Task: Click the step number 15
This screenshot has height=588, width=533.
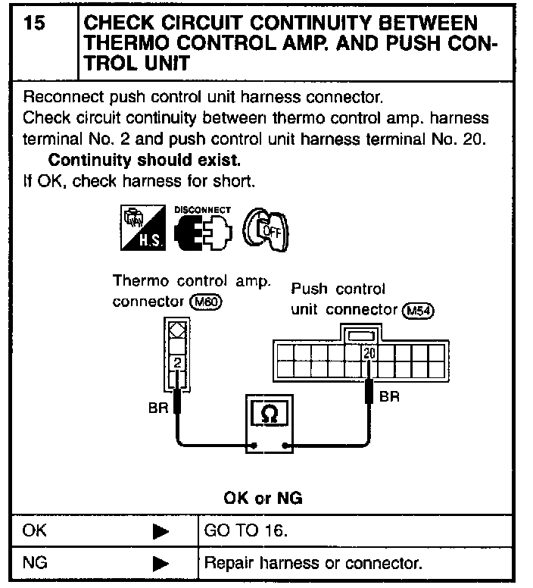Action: point(33,24)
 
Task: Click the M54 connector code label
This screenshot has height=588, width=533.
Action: point(420,311)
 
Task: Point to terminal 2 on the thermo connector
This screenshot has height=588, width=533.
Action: point(177,363)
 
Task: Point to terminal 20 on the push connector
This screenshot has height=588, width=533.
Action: point(369,353)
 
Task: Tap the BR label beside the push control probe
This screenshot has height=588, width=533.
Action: point(389,397)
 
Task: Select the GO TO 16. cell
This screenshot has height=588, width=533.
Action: point(246,530)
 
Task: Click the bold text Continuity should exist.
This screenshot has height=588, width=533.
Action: point(144,161)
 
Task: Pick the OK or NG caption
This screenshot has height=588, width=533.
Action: point(263,498)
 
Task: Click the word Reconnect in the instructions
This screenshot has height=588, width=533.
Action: point(61,98)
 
